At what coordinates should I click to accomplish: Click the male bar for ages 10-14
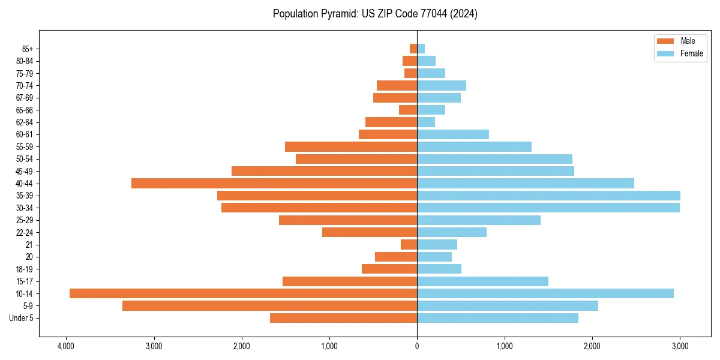tap(243, 293)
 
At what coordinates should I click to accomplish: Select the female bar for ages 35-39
tap(548, 196)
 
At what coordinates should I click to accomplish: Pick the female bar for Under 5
tap(497, 318)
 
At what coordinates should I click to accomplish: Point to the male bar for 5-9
tap(269, 305)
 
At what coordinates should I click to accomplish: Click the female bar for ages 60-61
tap(453, 134)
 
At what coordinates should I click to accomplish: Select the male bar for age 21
tap(409, 244)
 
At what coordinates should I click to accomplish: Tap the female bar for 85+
tap(421, 49)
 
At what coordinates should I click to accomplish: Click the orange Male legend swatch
tap(666, 41)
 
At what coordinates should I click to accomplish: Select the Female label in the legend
tap(691, 53)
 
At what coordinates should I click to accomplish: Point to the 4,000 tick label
tap(66, 347)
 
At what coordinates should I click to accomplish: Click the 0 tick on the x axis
tap(417, 347)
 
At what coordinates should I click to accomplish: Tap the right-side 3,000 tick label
tap(680, 347)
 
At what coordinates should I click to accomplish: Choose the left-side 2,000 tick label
tap(241, 347)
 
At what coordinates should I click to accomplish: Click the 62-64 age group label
tap(25, 122)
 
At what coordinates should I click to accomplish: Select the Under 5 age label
tap(22, 318)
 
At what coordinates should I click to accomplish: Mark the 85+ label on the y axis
tap(28, 49)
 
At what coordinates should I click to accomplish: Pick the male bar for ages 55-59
tap(351, 146)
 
